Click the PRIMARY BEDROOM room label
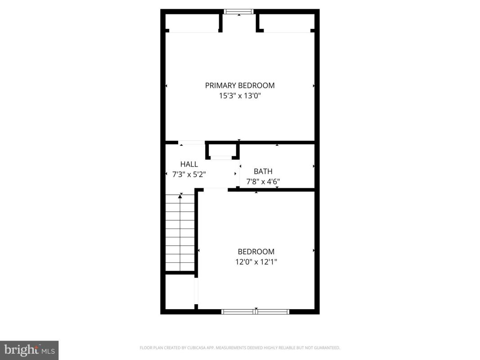point(240,85)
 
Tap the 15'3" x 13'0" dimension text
point(240,96)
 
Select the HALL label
point(189,164)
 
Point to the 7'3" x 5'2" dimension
point(189,175)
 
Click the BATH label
point(263,171)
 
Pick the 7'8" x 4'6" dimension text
point(263,182)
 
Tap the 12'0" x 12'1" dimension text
point(256,262)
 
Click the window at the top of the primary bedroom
point(239,12)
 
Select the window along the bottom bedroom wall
point(256,312)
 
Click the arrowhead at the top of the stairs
point(180,197)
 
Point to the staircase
point(180,233)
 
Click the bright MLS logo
point(29,350)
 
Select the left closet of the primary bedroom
point(192,22)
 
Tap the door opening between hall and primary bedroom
point(192,143)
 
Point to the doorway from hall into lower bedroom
point(216,190)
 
